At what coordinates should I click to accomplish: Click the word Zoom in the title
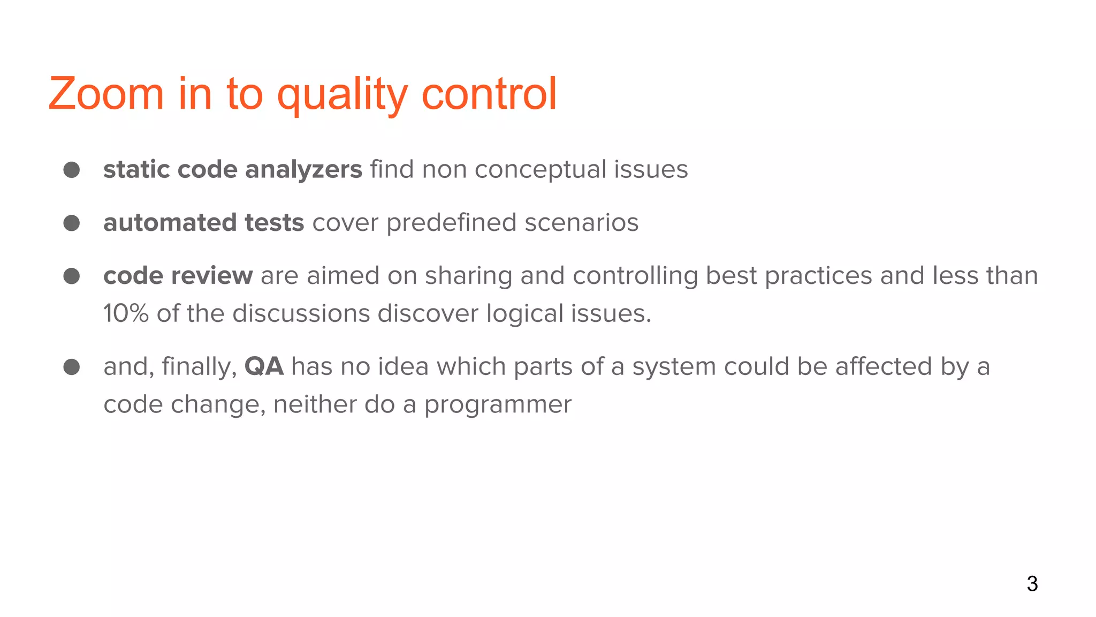[x=106, y=94]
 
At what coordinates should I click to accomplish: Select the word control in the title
[x=489, y=94]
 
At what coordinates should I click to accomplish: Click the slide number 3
[x=1032, y=584]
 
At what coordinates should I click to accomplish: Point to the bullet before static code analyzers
[x=72, y=170]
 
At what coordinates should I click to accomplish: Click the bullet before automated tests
[x=72, y=223]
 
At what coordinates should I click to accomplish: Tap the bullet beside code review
[x=72, y=276]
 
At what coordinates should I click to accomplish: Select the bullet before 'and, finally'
[x=72, y=367]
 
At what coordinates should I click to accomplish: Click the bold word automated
[x=170, y=223]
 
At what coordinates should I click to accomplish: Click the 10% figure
[x=125, y=313]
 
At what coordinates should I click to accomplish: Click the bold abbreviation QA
[x=264, y=367]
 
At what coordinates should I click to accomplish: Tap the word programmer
[x=498, y=405]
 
